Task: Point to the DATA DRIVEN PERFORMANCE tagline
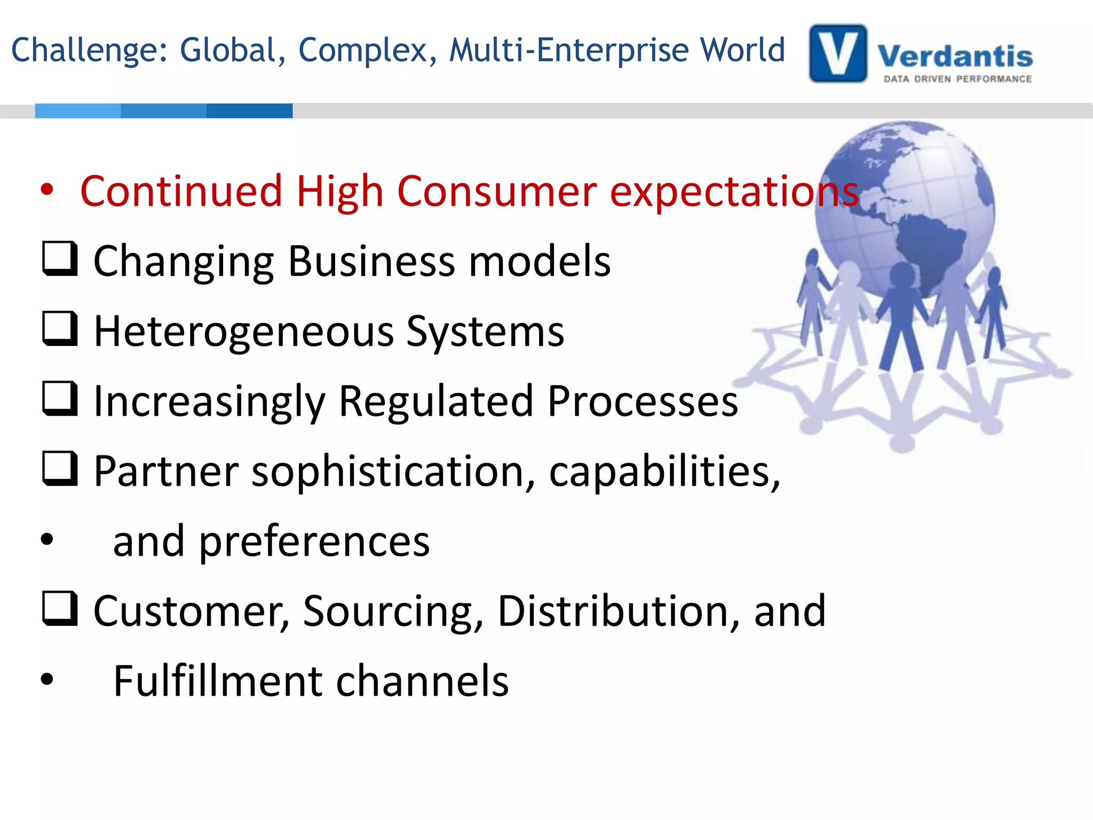(x=957, y=79)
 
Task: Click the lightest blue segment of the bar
(x=78, y=111)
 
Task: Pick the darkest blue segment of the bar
(x=249, y=111)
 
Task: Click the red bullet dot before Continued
(x=47, y=190)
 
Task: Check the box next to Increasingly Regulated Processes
(x=60, y=399)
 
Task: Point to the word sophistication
(x=393, y=471)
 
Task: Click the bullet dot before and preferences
(x=47, y=539)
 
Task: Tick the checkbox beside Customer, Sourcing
(x=60, y=609)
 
